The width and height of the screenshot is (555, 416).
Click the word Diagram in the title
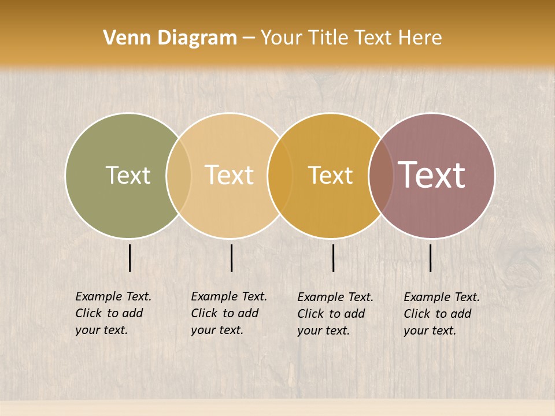tap(197, 38)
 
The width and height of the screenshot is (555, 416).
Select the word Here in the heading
tap(420, 38)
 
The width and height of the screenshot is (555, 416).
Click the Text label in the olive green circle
tap(128, 175)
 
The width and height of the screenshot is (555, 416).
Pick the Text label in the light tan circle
tap(230, 175)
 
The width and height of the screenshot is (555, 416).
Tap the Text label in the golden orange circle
tap(330, 175)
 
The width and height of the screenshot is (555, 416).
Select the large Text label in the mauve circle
tap(432, 175)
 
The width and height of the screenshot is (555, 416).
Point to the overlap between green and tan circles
tap(179, 175)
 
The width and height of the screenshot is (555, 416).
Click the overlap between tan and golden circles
tap(280, 175)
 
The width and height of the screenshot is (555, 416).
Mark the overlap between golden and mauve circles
tap(381, 175)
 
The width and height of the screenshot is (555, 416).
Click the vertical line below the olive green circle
tap(130, 258)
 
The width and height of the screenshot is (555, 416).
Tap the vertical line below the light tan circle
tap(231, 258)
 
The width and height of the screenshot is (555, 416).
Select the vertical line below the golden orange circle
tap(334, 258)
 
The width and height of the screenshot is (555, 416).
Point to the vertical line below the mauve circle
tap(431, 258)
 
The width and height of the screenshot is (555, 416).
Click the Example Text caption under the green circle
tap(113, 313)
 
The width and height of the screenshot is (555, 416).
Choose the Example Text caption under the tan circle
tap(228, 313)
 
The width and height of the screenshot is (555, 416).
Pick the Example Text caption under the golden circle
tap(335, 314)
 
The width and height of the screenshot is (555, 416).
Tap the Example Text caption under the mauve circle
tap(441, 314)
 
